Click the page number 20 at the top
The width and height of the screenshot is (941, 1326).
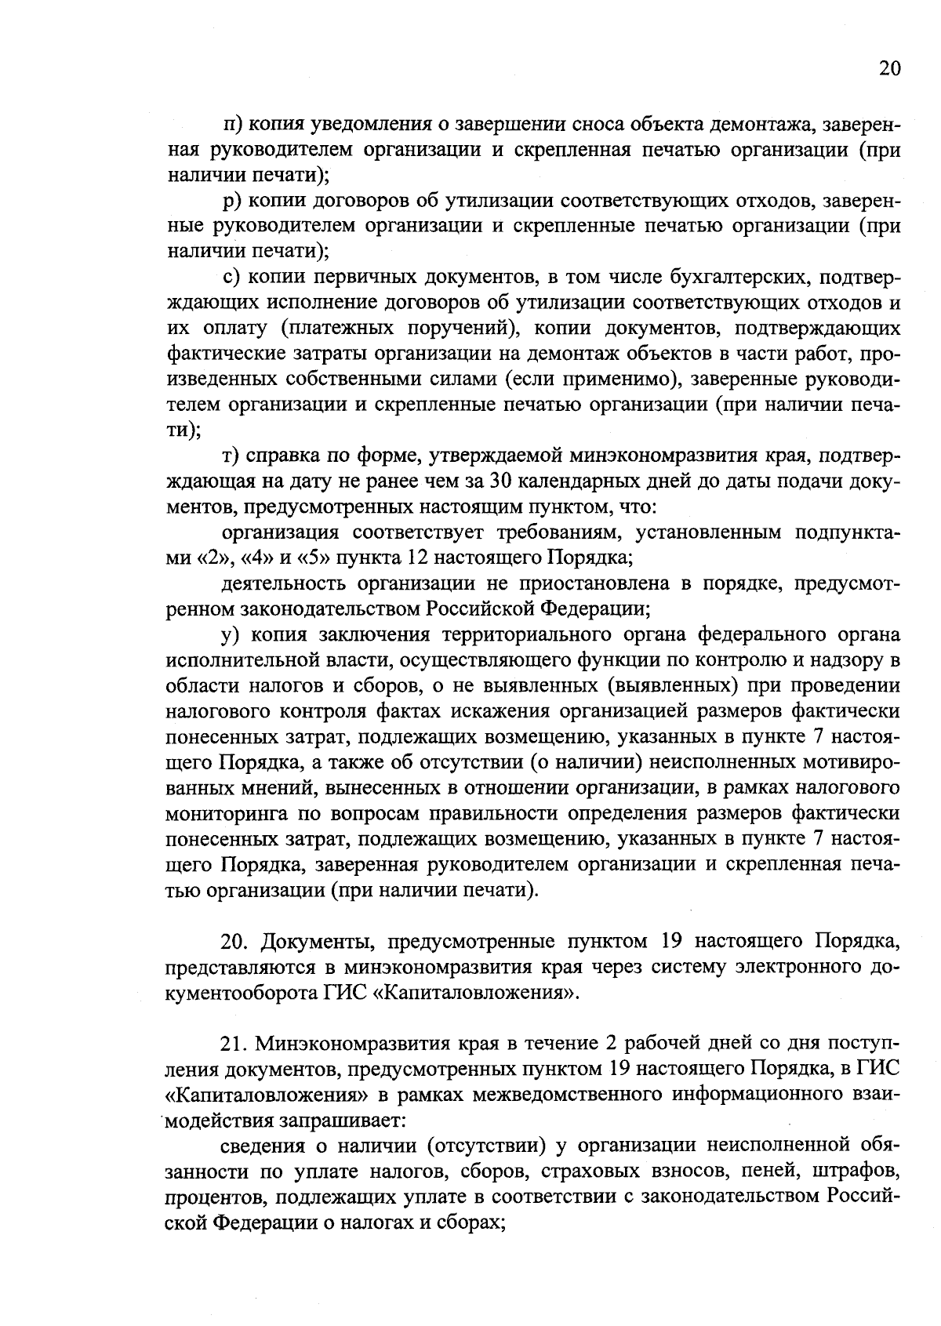click(890, 68)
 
